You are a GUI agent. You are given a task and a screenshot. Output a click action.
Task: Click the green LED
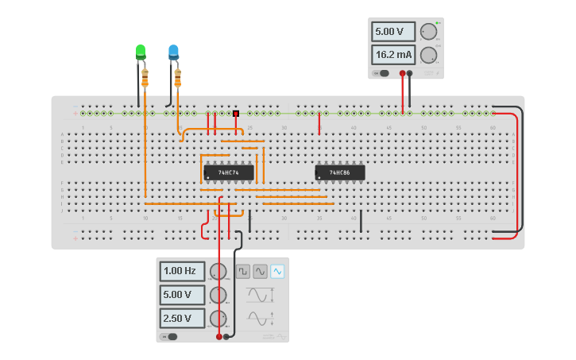coord(141,52)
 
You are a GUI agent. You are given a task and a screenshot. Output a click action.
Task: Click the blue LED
coord(173,52)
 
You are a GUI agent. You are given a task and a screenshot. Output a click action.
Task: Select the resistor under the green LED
coord(145,77)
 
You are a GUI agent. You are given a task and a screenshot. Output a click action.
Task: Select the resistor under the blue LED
coord(177,77)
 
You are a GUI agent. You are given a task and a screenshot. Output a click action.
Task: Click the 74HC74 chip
coord(229,172)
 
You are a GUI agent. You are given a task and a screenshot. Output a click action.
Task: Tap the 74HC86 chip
coord(340,172)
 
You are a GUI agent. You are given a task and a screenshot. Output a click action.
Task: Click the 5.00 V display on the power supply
coord(393,32)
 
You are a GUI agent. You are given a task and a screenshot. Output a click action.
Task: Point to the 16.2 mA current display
coord(393,55)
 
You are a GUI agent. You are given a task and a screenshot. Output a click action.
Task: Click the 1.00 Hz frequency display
coord(182,271)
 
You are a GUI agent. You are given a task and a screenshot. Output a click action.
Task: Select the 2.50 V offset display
coord(182,319)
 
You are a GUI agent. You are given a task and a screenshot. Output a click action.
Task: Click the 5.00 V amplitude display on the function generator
coord(182,295)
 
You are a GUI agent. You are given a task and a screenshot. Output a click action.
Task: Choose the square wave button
coord(243,272)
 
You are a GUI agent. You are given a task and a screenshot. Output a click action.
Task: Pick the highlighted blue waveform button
coord(276,272)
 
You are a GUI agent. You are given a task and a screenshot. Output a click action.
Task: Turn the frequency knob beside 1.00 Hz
coord(218,272)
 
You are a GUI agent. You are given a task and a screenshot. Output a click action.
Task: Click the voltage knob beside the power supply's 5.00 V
coord(428,32)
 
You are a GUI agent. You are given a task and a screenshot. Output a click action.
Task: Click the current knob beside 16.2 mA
coord(428,55)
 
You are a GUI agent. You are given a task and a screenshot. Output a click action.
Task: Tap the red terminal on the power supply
coord(403,73)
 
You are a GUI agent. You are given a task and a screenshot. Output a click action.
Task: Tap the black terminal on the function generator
coord(226,336)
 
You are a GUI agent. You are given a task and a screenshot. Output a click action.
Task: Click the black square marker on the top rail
coord(236,114)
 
